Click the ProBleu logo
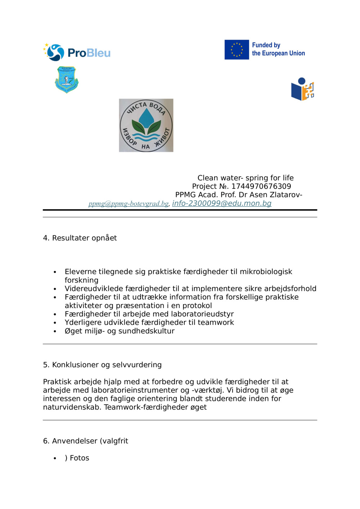click(77, 53)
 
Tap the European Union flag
click(237, 50)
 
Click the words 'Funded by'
click(266, 45)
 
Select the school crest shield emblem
click(67, 79)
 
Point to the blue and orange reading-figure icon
click(302, 89)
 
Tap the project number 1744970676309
click(261, 186)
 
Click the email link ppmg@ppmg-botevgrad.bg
click(129, 204)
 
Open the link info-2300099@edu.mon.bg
click(221, 203)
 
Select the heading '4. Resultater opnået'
click(80, 238)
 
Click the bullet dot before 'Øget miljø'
click(55, 331)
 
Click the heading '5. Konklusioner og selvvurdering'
click(102, 365)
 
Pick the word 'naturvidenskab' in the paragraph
click(72, 407)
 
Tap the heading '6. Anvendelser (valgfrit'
click(85, 441)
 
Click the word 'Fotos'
click(80, 458)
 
